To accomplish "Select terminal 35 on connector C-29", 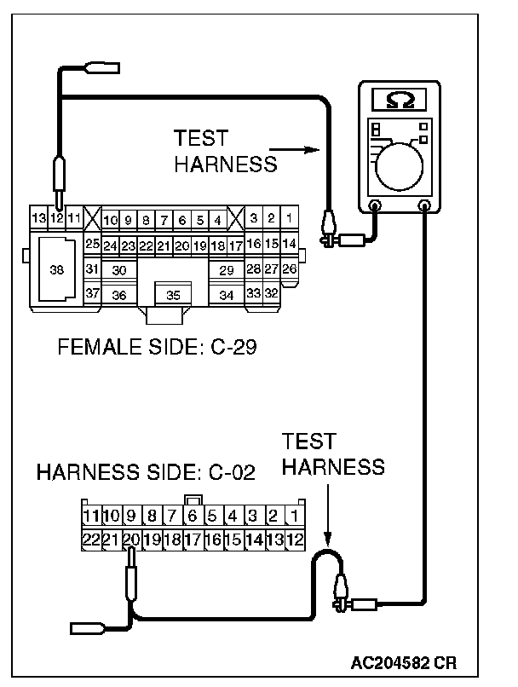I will tap(173, 295).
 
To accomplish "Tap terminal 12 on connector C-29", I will tap(56, 219).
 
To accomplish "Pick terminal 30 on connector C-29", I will tap(119, 269).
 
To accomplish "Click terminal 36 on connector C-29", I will tap(119, 295).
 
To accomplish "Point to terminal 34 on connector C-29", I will tap(226, 295).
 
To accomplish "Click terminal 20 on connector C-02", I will tap(131, 539).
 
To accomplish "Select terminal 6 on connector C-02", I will tap(193, 516).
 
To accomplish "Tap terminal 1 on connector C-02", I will tap(294, 516).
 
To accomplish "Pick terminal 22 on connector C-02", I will tap(91, 539).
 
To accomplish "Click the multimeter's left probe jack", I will tap(374, 205).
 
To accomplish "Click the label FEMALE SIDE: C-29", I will tap(157, 348).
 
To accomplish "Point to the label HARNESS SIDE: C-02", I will tap(146, 474).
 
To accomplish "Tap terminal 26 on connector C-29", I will tap(290, 269).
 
